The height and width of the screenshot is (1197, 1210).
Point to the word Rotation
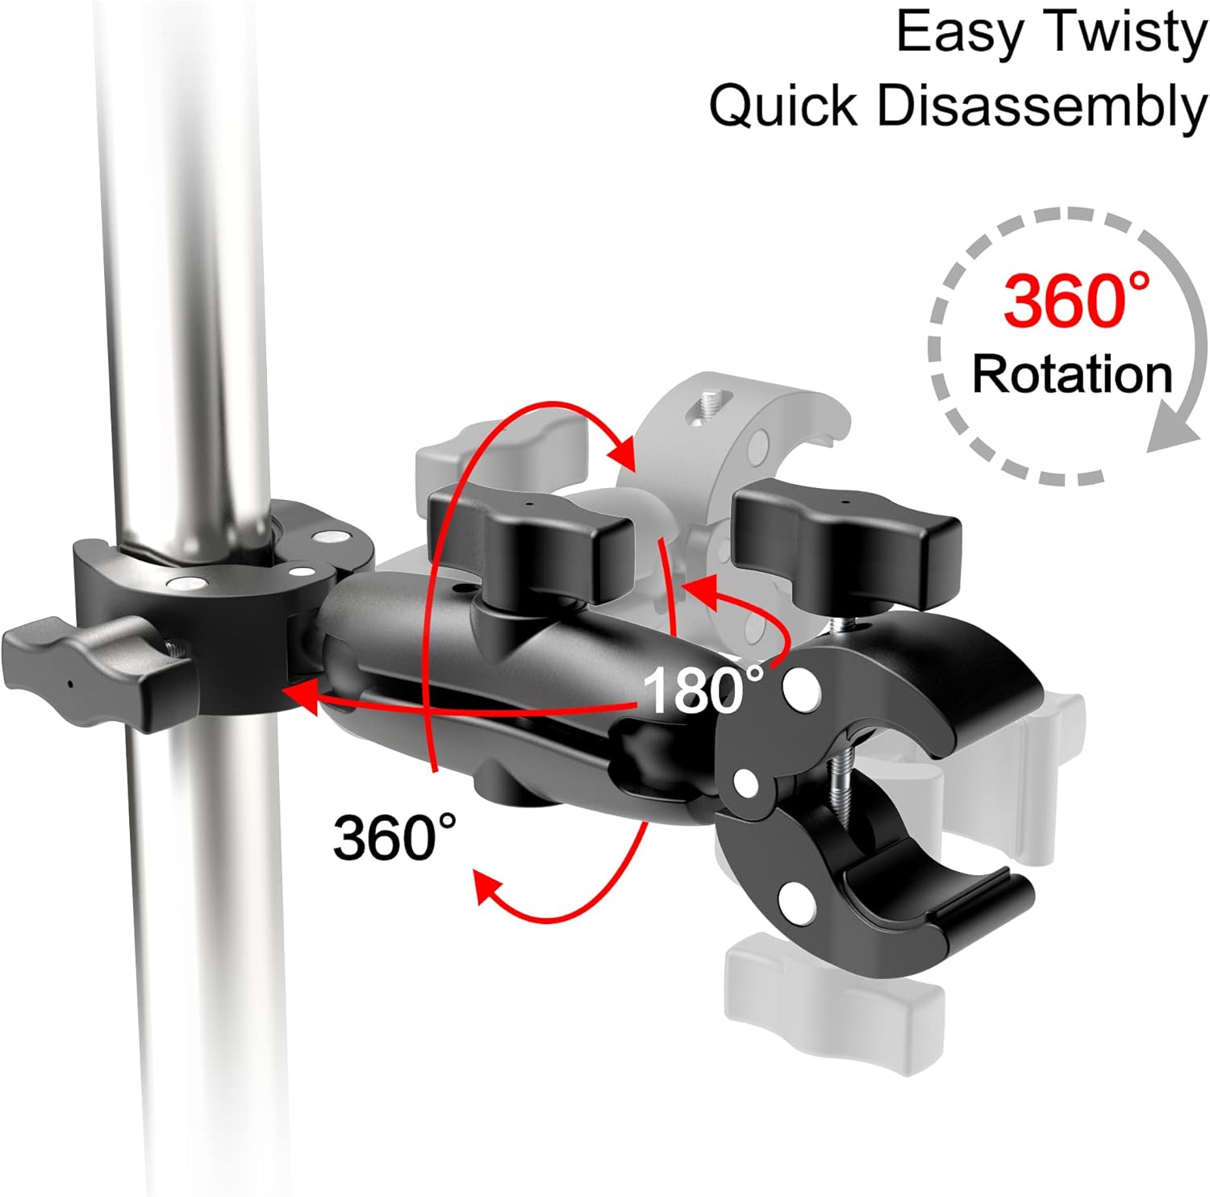[x=1071, y=374]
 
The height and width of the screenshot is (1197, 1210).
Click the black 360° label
[x=394, y=836]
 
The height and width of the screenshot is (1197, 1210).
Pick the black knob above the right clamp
[x=847, y=542]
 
